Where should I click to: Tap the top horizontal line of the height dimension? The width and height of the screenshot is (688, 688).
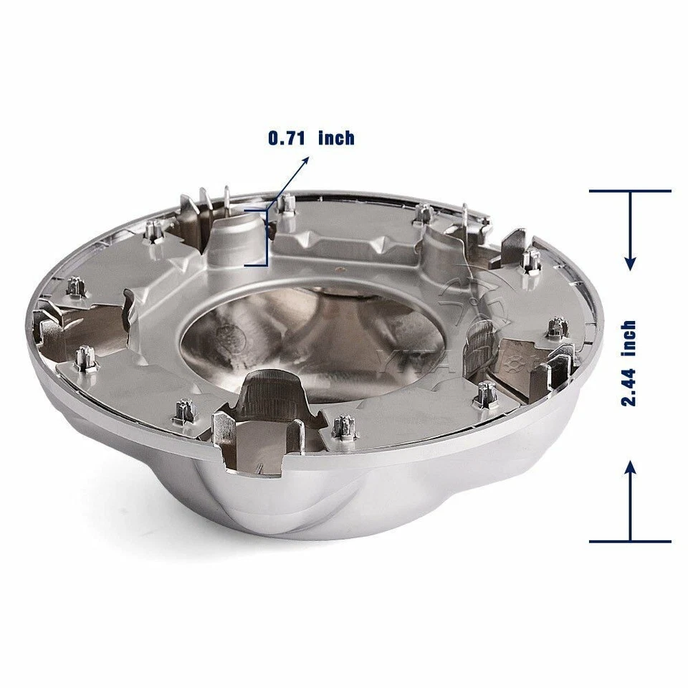[x=630, y=191]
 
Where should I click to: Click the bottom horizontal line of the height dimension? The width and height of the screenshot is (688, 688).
[x=630, y=541]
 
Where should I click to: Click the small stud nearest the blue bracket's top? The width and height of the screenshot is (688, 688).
[x=287, y=204]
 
